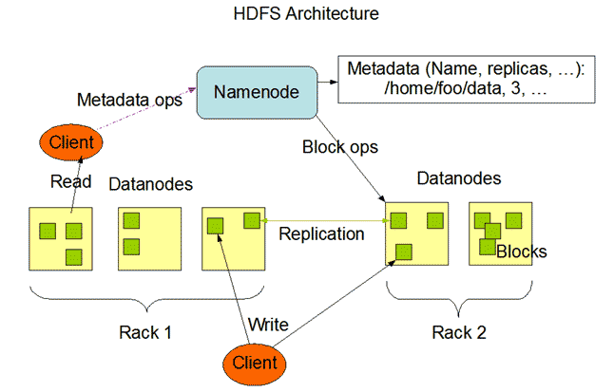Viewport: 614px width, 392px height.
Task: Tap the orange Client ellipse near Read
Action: coord(72,143)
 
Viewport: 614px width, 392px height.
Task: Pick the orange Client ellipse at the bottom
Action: coord(254,362)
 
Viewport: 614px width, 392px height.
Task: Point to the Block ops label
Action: coord(339,147)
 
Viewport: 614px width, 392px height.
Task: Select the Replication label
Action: coord(320,233)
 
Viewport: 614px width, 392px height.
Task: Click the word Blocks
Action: coord(521,252)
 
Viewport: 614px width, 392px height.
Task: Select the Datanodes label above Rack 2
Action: coord(458,178)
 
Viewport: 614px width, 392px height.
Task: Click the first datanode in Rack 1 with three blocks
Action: coord(60,238)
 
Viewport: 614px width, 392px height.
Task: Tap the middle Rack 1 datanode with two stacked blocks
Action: coord(148,238)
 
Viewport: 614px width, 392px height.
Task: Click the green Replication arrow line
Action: coord(323,220)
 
